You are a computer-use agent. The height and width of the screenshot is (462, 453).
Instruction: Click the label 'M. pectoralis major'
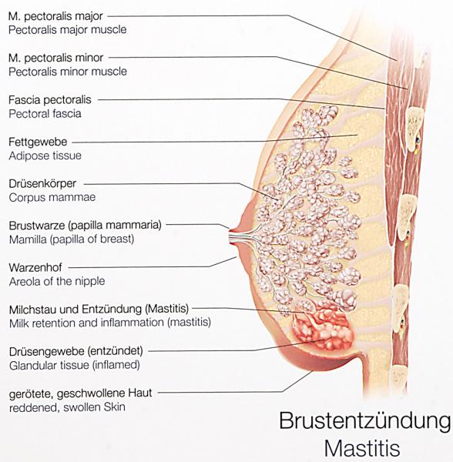(55, 16)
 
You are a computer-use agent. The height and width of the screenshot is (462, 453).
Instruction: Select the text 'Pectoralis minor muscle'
(68, 72)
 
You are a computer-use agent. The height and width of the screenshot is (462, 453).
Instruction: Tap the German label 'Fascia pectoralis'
(50, 100)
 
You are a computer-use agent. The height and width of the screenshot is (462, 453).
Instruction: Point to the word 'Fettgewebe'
(38, 142)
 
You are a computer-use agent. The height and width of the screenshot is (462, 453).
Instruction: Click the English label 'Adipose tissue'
(45, 156)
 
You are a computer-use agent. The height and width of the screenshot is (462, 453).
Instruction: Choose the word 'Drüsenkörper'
(42, 183)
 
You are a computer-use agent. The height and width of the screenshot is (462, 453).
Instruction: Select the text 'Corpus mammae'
(52, 197)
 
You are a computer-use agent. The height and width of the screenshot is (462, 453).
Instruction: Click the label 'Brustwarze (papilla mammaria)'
(86, 226)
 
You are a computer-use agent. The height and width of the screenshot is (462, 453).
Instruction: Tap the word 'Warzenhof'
(35, 267)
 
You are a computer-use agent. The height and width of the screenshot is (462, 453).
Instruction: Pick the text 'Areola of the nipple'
(57, 281)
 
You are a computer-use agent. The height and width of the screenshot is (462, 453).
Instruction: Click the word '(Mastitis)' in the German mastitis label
(166, 309)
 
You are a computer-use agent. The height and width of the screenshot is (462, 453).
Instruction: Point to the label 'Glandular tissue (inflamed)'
(75, 365)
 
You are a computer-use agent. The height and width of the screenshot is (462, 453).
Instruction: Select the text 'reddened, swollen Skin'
(67, 407)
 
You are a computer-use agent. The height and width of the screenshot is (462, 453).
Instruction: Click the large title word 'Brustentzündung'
(365, 421)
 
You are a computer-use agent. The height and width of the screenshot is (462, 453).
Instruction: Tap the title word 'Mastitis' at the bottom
(362, 448)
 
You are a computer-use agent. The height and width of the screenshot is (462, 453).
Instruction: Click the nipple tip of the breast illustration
(230, 236)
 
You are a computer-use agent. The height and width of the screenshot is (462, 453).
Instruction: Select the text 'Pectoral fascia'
(45, 114)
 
